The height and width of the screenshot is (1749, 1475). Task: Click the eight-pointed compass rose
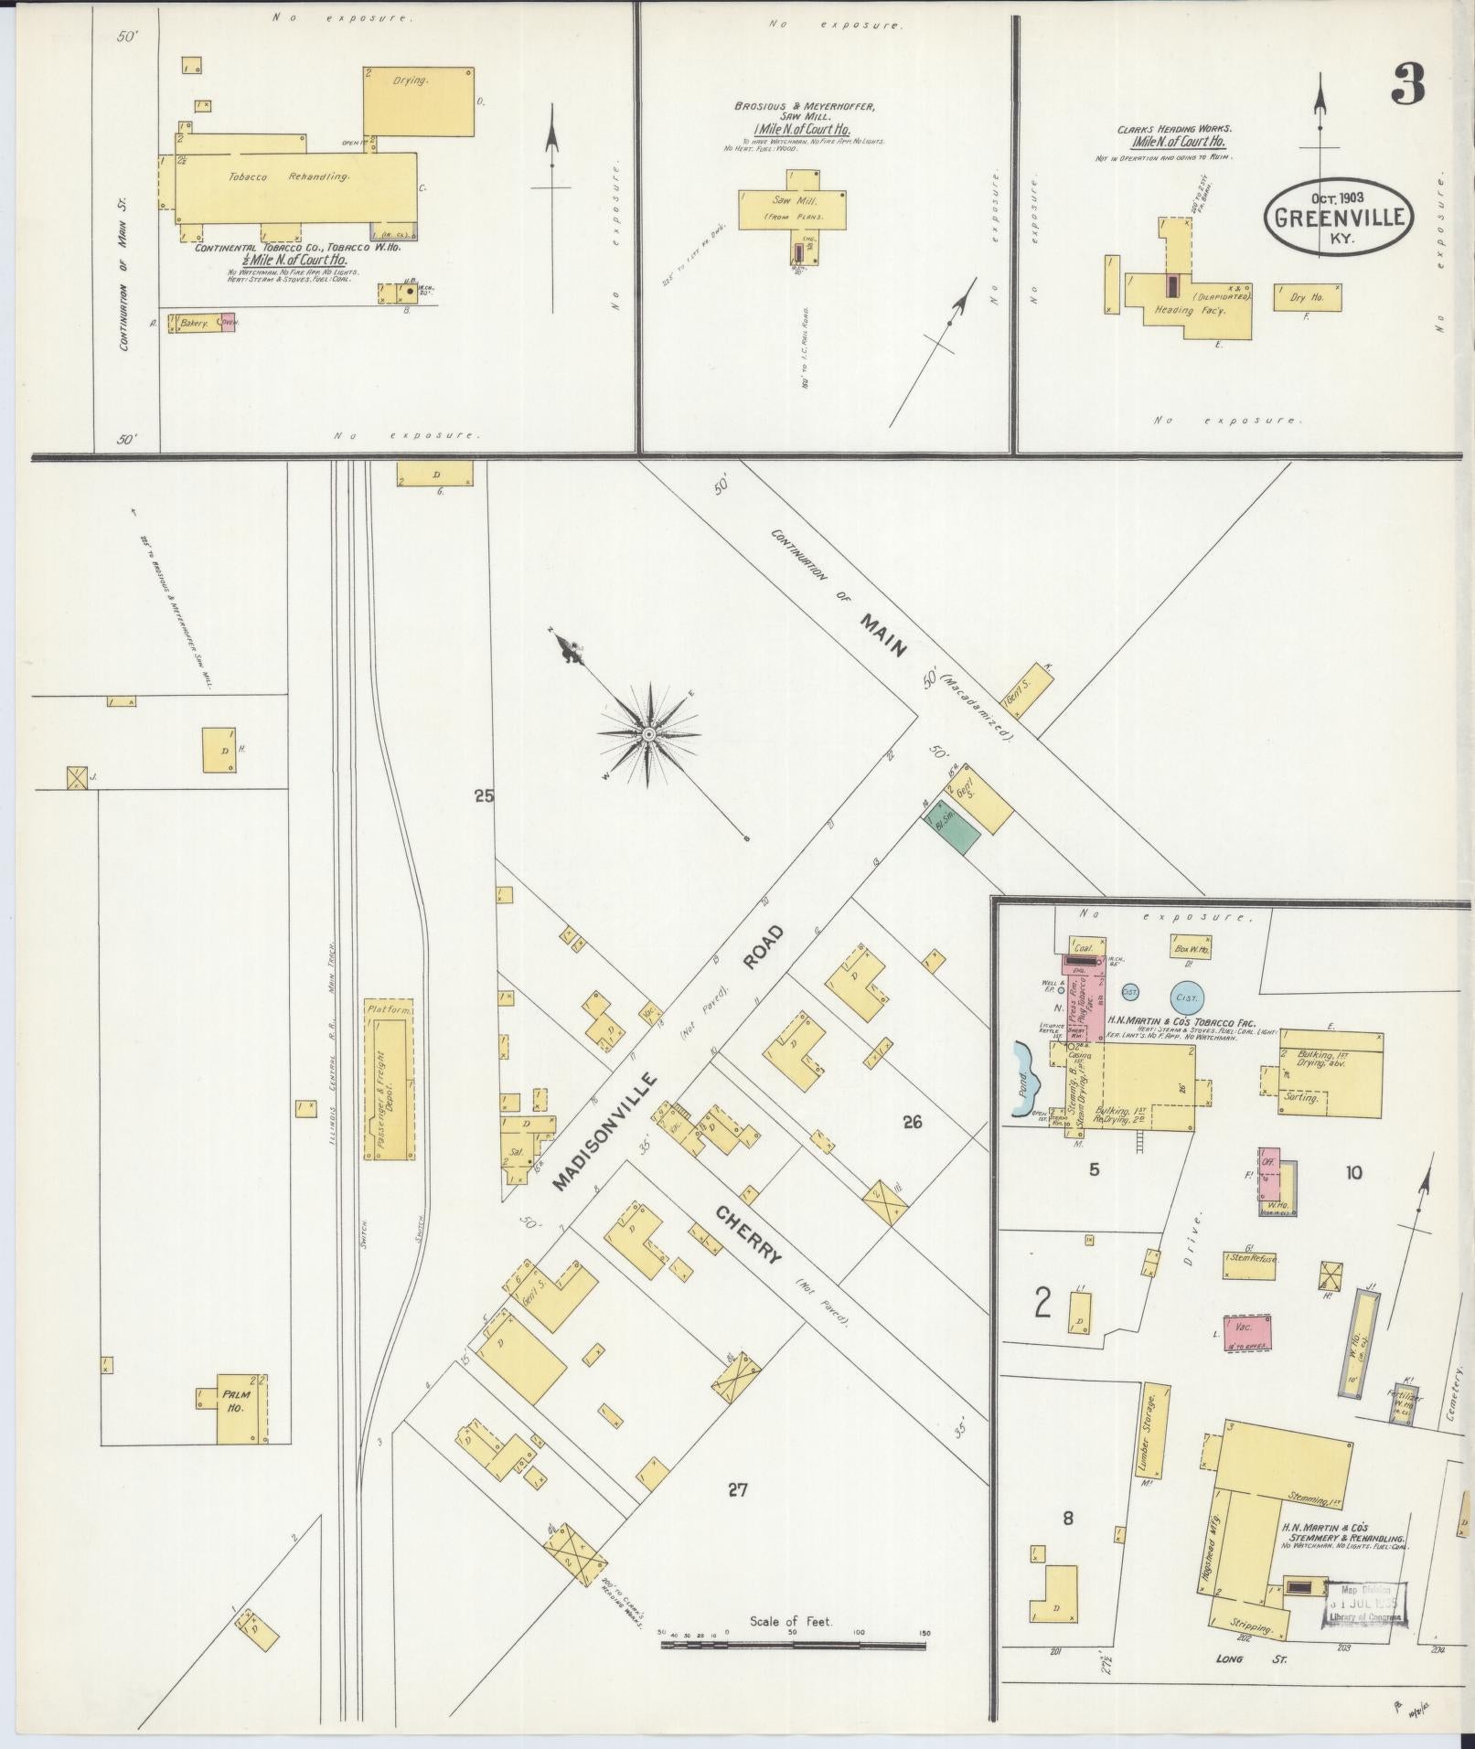point(648,734)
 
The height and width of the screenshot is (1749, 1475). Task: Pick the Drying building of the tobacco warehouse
point(419,101)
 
